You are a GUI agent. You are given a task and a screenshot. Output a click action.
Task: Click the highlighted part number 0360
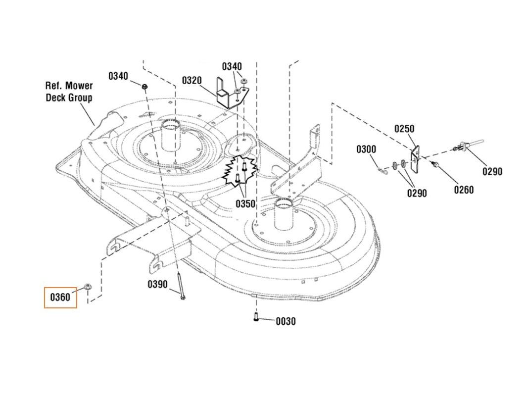pyautogui.click(x=60, y=297)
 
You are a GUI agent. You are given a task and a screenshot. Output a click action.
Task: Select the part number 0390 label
pyautogui.click(x=157, y=285)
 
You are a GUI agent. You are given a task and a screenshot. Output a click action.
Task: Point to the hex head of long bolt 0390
pyautogui.click(x=183, y=297)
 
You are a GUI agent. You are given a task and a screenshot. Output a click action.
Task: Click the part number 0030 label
pyautogui.click(x=286, y=321)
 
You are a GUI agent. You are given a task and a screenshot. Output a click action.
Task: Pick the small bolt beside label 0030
pyautogui.click(x=256, y=316)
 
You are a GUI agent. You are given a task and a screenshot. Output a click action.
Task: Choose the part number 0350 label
pyautogui.click(x=245, y=204)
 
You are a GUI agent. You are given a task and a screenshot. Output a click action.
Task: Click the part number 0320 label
pyautogui.click(x=192, y=81)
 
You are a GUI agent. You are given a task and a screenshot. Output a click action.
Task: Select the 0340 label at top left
pyautogui.click(x=118, y=76)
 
